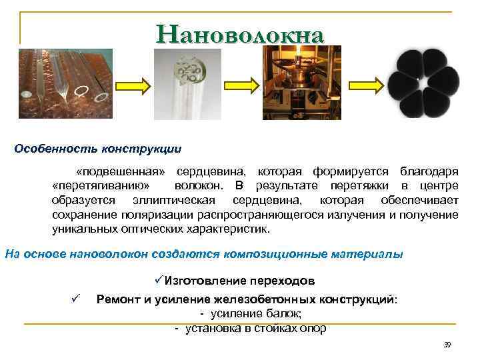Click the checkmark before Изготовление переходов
pos(158,281)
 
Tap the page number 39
pos(447,345)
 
